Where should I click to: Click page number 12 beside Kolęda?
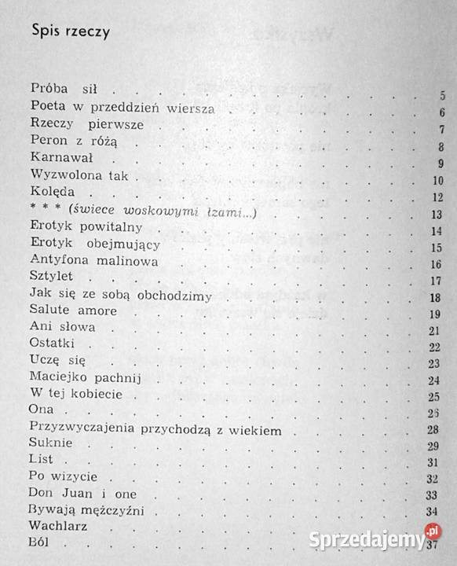coord(440,197)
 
